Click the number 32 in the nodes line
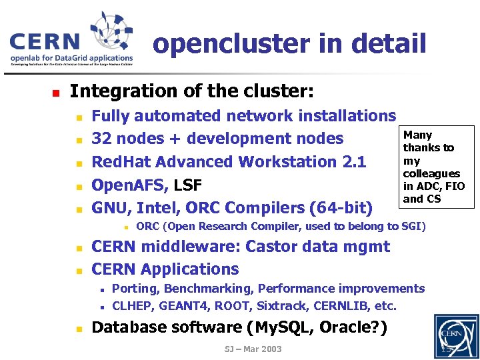point(101,139)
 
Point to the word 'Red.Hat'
point(121,162)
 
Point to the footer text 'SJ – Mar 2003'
point(254,349)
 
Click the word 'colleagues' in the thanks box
point(431,174)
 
